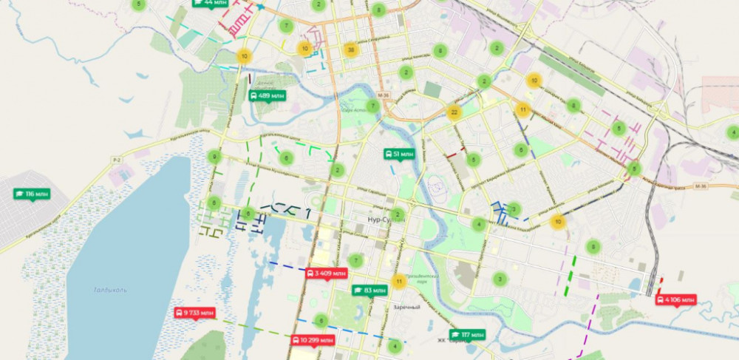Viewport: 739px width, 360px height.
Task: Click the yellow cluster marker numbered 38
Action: [x=351, y=50]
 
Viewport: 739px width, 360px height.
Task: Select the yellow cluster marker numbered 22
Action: [x=454, y=112]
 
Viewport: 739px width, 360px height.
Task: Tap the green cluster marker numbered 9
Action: [x=214, y=157]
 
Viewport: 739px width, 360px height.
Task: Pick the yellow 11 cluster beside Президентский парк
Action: [x=399, y=281]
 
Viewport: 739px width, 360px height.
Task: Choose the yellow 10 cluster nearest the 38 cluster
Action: [x=304, y=49]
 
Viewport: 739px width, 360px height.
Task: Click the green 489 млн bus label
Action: [x=268, y=96]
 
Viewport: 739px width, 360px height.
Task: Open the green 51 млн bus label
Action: [x=398, y=154]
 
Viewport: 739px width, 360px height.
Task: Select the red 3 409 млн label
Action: [x=326, y=274]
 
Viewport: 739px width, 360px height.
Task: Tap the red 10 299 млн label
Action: [x=313, y=340]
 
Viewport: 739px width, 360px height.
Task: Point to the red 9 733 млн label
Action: [x=194, y=313]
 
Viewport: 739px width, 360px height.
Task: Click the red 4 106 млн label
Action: [x=675, y=299]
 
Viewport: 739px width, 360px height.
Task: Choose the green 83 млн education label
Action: [x=369, y=291]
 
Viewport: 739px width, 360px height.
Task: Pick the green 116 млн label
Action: [x=31, y=194]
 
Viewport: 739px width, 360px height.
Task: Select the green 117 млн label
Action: [x=466, y=335]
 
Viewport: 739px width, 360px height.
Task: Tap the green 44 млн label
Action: [x=210, y=3]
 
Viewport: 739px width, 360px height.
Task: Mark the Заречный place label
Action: [x=406, y=307]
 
